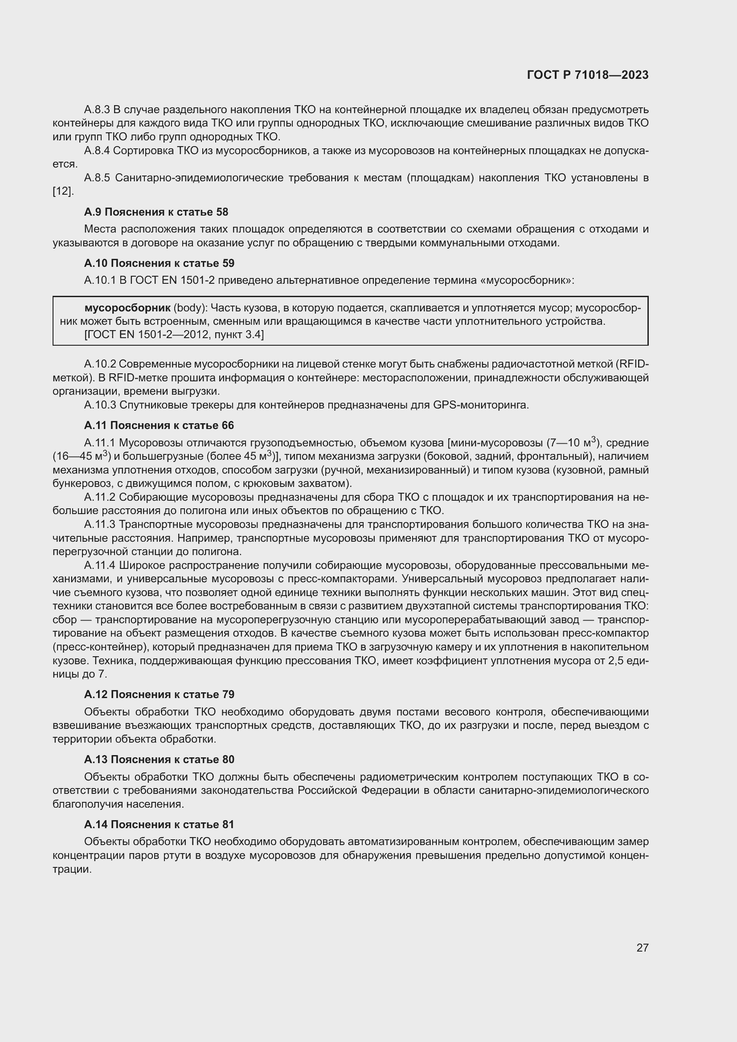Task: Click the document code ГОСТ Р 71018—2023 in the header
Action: [588, 75]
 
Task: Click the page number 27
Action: [642, 948]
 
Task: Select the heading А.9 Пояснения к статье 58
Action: [156, 212]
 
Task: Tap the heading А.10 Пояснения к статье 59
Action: [159, 263]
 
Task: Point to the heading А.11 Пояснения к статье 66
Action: [159, 425]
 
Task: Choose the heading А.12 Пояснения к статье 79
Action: [159, 695]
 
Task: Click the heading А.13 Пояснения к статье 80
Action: [159, 759]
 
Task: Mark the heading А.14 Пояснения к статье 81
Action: [159, 824]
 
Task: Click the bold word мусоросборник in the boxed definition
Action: [127, 308]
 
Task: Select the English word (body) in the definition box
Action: [190, 308]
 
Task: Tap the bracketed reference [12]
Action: [63, 192]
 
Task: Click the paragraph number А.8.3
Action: [97, 110]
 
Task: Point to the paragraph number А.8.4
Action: [97, 151]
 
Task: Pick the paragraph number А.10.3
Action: [100, 405]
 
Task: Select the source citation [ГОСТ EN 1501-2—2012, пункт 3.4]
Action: [174, 335]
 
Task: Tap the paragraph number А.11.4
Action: [100, 565]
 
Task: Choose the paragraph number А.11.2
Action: [100, 498]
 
